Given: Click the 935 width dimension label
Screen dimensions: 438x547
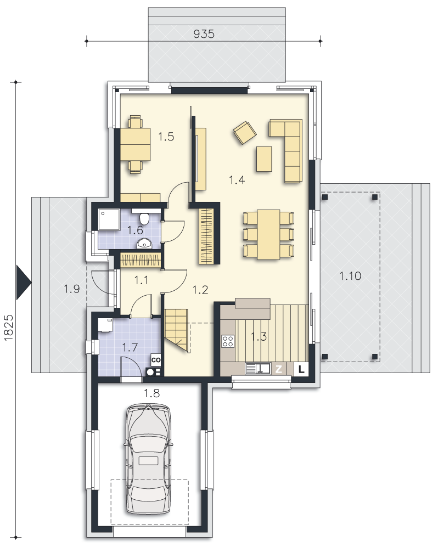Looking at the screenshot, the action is point(204,34).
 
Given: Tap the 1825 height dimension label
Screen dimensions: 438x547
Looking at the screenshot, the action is point(9,328).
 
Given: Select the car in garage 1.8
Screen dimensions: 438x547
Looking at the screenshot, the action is point(148,459).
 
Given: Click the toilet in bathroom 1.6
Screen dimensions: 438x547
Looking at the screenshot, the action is point(144,219).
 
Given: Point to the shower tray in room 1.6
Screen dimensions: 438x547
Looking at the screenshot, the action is point(109,219).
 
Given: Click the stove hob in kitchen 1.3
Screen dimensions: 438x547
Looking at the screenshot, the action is point(228,341).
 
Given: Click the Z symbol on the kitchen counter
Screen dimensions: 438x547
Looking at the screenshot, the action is point(278,369).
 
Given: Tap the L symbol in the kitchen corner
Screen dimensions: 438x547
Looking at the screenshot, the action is point(301,369).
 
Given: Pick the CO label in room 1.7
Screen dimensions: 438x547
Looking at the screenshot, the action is point(156,360).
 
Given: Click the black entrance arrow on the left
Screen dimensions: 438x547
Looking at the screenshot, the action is point(24,282).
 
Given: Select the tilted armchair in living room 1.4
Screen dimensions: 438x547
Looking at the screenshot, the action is point(245,132).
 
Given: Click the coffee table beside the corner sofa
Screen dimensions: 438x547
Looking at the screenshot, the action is point(264,159).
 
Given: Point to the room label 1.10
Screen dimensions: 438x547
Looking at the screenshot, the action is point(350,276).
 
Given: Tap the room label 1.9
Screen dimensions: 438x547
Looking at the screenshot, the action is point(71,289).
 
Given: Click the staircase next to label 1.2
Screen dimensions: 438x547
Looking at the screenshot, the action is point(177,330).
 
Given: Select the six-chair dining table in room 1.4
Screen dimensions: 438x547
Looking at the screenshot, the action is point(268,234).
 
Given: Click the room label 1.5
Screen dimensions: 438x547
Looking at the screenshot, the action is point(166,137).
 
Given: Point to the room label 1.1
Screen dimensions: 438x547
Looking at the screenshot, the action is point(141,280).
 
